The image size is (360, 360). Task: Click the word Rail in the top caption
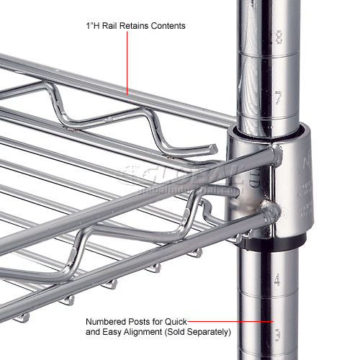(111, 26)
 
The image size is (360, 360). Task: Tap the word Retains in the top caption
(138, 26)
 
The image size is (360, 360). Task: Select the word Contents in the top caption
(170, 26)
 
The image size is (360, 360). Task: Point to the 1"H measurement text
(90, 26)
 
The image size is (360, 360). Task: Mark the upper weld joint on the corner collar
(276, 153)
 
